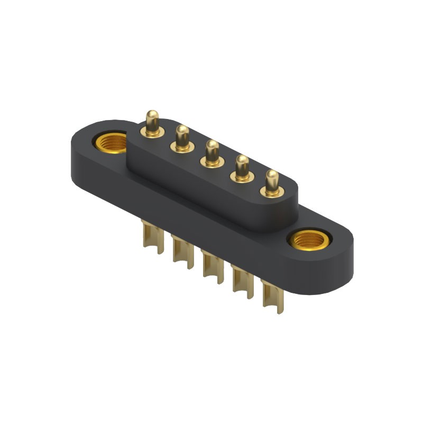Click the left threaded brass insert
coord(111,143)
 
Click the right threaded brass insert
coord(309,241)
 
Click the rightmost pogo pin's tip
coord(272,176)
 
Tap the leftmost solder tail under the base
coord(148,235)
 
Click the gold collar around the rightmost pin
coord(272,192)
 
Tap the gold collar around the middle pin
coord(213,162)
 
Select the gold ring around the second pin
coord(183,148)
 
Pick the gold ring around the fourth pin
coord(243,177)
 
